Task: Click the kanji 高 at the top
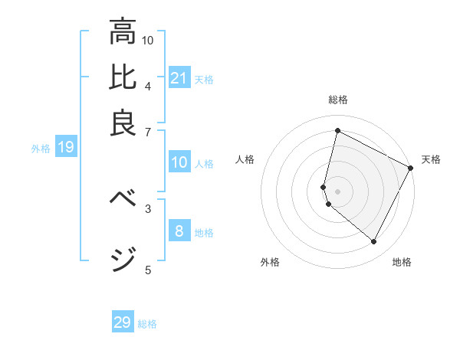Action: (123, 32)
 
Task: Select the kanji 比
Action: (123, 77)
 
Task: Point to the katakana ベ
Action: (123, 198)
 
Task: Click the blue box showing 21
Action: (179, 78)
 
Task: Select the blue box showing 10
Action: (179, 162)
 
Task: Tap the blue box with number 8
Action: (179, 231)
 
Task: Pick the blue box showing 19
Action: (66, 147)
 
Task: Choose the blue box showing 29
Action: (123, 322)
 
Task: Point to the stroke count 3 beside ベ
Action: (148, 208)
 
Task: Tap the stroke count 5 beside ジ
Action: (148, 269)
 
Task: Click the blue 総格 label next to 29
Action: (147, 324)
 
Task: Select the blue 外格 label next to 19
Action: (41, 149)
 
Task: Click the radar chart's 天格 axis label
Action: (431, 159)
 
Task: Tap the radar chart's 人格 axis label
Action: (245, 159)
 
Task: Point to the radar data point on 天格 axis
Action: (411, 168)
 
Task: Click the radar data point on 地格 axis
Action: (374, 242)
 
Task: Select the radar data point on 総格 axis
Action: (337, 131)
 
